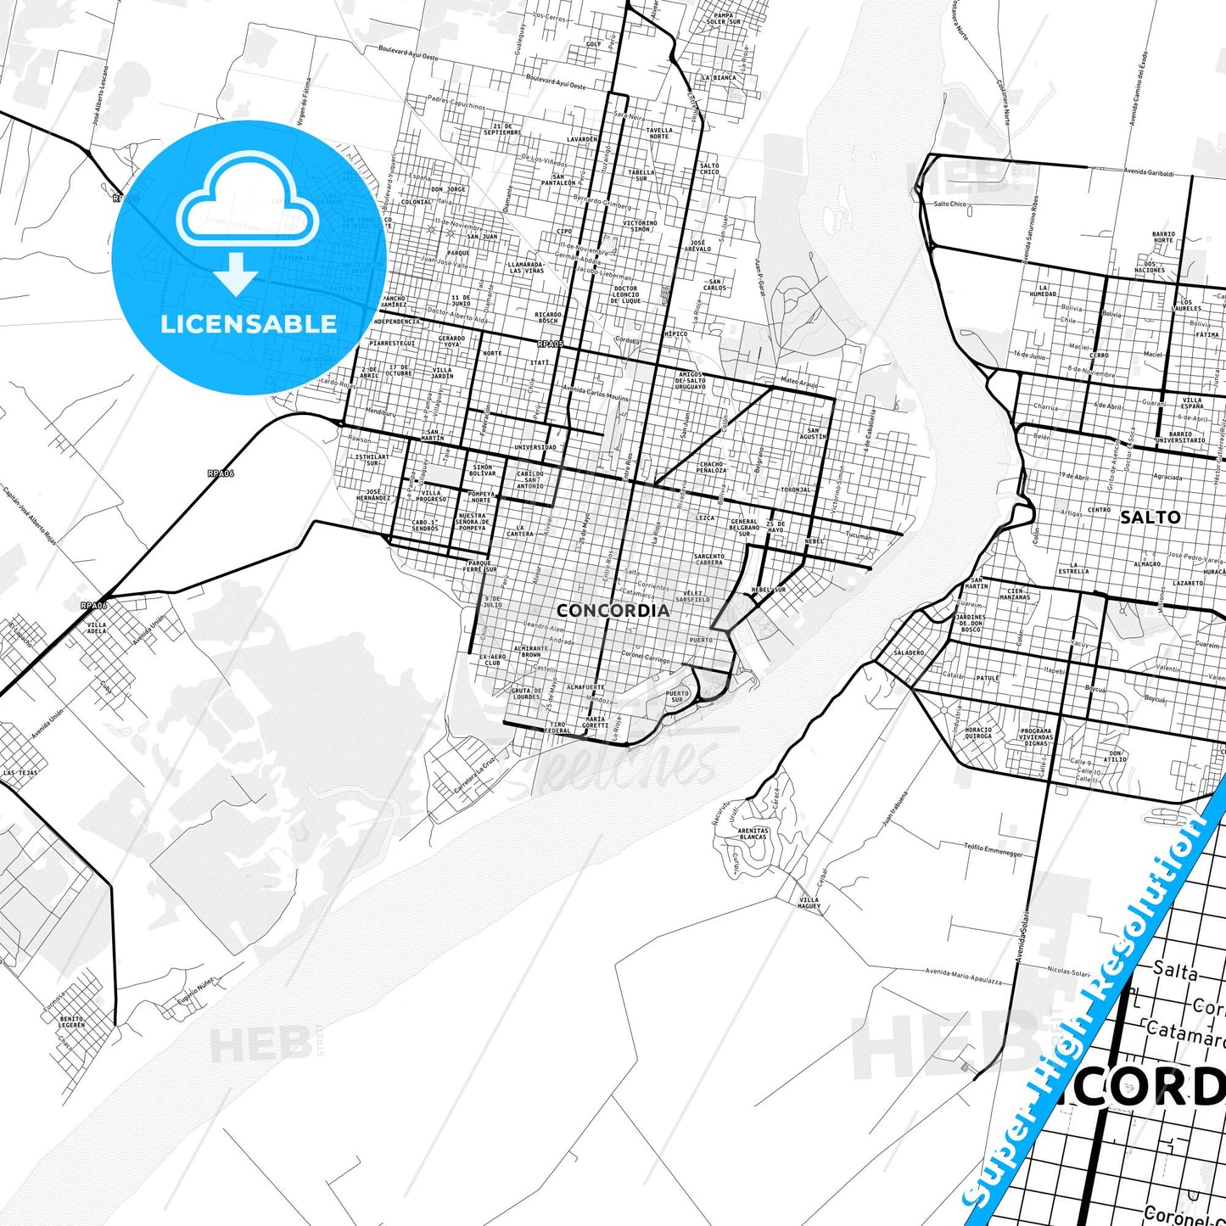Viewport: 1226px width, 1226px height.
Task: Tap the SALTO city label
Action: [x=1150, y=517]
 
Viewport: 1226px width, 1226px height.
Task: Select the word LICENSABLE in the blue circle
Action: [x=249, y=323]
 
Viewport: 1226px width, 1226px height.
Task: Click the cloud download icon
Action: [x=247, y=223]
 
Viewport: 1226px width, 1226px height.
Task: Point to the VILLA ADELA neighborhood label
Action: [x=98, y=628]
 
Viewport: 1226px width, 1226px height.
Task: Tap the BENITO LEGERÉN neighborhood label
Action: [x=72, y=1022]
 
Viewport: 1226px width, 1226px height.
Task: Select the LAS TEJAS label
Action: [x=20, y=773]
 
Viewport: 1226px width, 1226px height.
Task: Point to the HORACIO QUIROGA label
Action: [x=978, y=733]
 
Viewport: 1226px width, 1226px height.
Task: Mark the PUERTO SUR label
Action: [x=677, y=697]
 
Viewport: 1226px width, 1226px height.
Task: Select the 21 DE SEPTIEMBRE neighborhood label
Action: [x=501, y=129]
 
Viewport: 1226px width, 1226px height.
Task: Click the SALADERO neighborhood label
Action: [x=909, y=652]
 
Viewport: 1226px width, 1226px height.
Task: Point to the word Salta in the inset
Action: [x=1175, y=970]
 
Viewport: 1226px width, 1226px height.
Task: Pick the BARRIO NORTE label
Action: [x=1163, y=237]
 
